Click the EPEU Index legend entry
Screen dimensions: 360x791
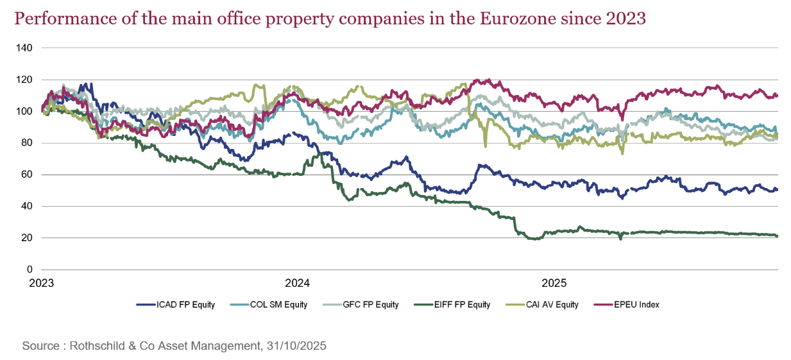[x=633, y=305]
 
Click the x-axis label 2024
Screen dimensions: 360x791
[x=297, y=283]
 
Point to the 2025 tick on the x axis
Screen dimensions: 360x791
[x=553, y=283]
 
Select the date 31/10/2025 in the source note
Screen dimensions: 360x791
[x=295, y=346]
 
